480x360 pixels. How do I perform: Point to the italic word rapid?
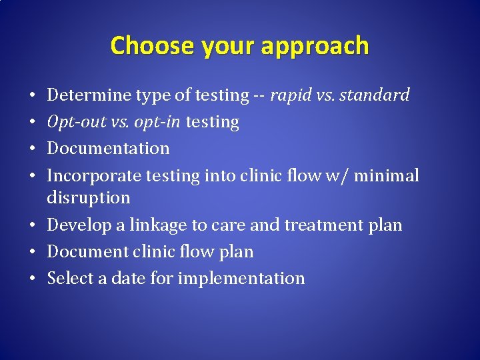[292, 95]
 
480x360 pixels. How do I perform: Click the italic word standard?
[375, 95]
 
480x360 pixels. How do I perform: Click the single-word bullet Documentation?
[108, 149]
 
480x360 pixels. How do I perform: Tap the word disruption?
[89, 198]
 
